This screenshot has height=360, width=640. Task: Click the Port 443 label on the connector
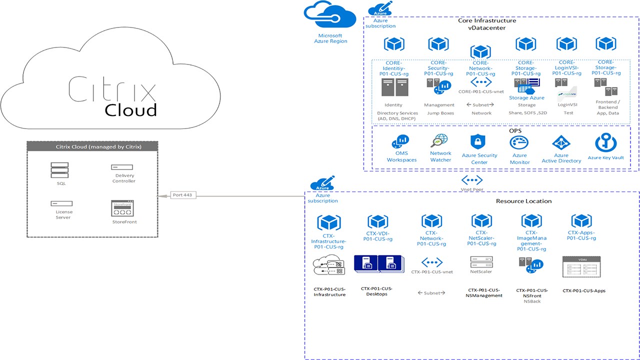pos(182,195)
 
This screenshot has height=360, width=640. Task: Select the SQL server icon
pos(59,170)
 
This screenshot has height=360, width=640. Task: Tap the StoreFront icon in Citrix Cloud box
pos(122,208)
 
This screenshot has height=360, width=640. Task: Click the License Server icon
pos(61,203)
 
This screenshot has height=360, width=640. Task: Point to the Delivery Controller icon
pos(122,167)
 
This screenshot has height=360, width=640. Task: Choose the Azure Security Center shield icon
pos(479,142)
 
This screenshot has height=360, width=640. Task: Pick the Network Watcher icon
pos(440,141)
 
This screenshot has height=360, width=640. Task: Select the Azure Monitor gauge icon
pos(519,143)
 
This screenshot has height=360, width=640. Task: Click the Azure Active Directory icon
pos(561,143)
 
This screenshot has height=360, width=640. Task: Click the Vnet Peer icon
pos(471,180)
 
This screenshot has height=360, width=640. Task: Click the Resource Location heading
pos(523,201)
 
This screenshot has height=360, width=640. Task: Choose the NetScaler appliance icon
pos(481,261)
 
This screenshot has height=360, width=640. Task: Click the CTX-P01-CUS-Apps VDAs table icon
pos(581,267)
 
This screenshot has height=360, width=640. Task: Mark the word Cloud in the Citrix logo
pos(130,109)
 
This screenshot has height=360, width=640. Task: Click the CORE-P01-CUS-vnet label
pos(480,92)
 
